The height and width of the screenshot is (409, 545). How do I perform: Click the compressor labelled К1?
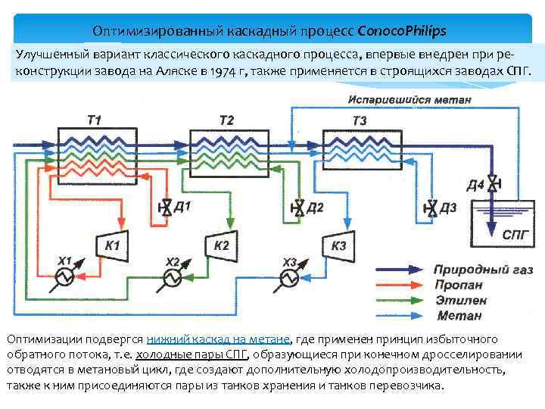(113, 245)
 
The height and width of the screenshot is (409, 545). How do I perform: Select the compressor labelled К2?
(222, 244)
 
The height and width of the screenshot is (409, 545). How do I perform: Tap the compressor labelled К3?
(338, 245)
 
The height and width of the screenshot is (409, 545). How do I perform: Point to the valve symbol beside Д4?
(493, 183)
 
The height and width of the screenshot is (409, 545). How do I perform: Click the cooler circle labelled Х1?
(64, 278)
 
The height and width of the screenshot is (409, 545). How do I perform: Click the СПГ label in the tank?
(519, 235)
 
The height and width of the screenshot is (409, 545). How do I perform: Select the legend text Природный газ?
(483, 270)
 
